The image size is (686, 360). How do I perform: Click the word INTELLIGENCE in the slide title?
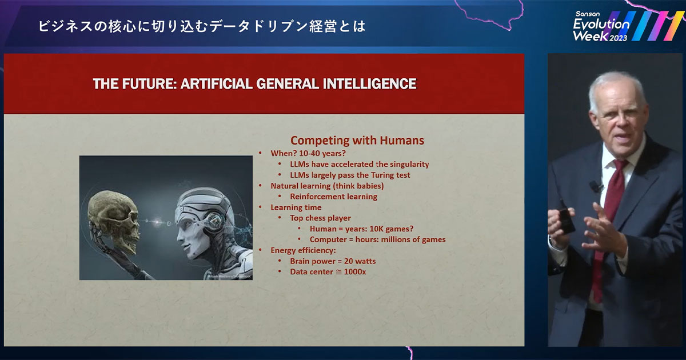click(x=370, y=83)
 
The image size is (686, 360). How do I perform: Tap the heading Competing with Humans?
click(x=357, y=140)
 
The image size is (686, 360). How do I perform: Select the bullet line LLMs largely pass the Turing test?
click(x=350, y=175)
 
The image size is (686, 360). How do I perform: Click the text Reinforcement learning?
click(x=333, y=197)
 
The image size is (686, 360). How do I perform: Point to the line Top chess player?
click(x=320, y=218)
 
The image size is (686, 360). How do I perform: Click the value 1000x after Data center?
click(x=355, y=272)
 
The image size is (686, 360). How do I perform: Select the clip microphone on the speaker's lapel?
click(x=595, y=186)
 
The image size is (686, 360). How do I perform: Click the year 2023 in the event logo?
click(x=618, y=38)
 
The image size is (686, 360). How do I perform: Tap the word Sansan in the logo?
click(x=588, y=14)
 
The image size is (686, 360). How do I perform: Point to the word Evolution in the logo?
click(x=601, y=24)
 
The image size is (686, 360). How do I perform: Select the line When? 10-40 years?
click(x=308, y=153)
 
